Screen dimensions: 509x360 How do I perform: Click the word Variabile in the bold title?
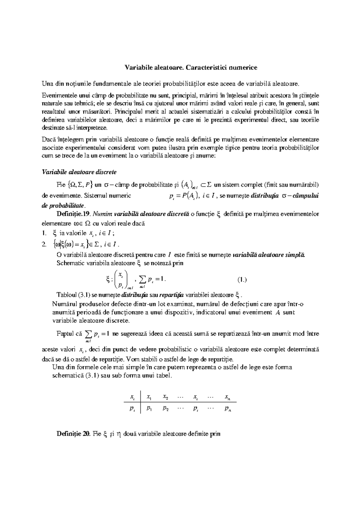pos(138,67)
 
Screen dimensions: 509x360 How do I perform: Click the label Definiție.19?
pos(74,214)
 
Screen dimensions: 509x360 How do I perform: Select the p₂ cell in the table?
pos(165,409)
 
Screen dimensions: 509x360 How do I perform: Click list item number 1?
pos(44,233)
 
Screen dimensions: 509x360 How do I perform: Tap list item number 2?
pos(44,245)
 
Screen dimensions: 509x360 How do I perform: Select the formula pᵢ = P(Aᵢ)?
pos(183,196)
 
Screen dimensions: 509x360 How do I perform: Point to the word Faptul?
pos(65,334)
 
